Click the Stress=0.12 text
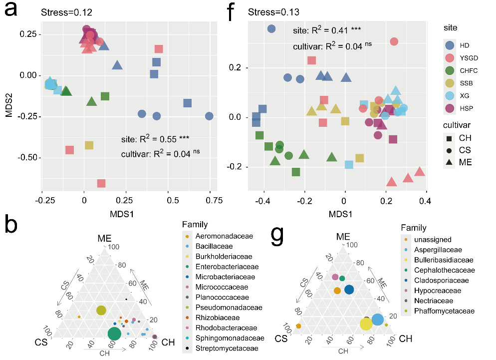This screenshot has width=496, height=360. pos(66,11)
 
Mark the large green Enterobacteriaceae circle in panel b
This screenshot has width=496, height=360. pos(115,334)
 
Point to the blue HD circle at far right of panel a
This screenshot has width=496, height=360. pos(209,116)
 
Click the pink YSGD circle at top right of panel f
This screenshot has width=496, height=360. pos(394,41)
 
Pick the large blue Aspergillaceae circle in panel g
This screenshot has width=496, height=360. pos(378,320)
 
